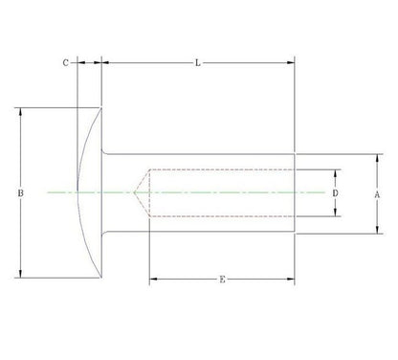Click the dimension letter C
click(65, 63)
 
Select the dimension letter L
click(198, 63)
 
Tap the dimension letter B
click(20, 193)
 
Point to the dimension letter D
click(335, 193)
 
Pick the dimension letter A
click(377, 194)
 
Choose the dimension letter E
click(222, 280)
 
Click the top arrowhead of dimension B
click(21, 112)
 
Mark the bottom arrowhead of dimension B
click(21, 274)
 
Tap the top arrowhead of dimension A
click(377, 158)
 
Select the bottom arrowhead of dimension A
click(377, 230)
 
